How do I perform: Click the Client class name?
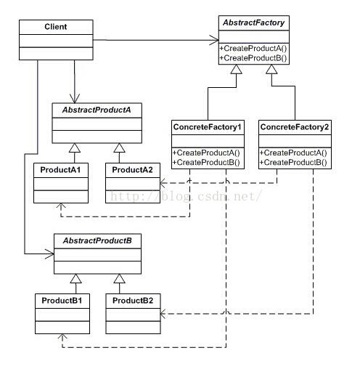pos(56,27)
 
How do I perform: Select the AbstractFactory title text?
pos(254,23)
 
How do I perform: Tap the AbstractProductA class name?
pos(97,110)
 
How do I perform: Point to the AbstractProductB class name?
pos(97,240)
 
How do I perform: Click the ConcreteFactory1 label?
pos(208,127)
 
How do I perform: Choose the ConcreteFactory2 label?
pos(295,127)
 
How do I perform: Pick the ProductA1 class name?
pos(60,170)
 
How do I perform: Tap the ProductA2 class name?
pos(133,170)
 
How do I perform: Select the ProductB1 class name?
pos(62,301)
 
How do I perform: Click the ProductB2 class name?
pos(133,301)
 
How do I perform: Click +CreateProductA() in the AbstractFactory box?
pos(253,49)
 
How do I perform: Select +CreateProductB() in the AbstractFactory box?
pos(253,58)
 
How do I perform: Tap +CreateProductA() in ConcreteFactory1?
pos(206,153)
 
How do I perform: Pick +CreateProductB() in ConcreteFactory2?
pos(293,162)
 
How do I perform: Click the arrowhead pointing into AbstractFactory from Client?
pos(214,40)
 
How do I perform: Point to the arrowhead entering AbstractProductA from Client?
pos(75,98)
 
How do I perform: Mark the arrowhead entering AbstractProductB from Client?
pos(49,254)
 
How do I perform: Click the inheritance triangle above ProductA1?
pos(75,148)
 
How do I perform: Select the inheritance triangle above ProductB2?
pos(119,278)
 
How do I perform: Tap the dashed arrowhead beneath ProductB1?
pos(62,337)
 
